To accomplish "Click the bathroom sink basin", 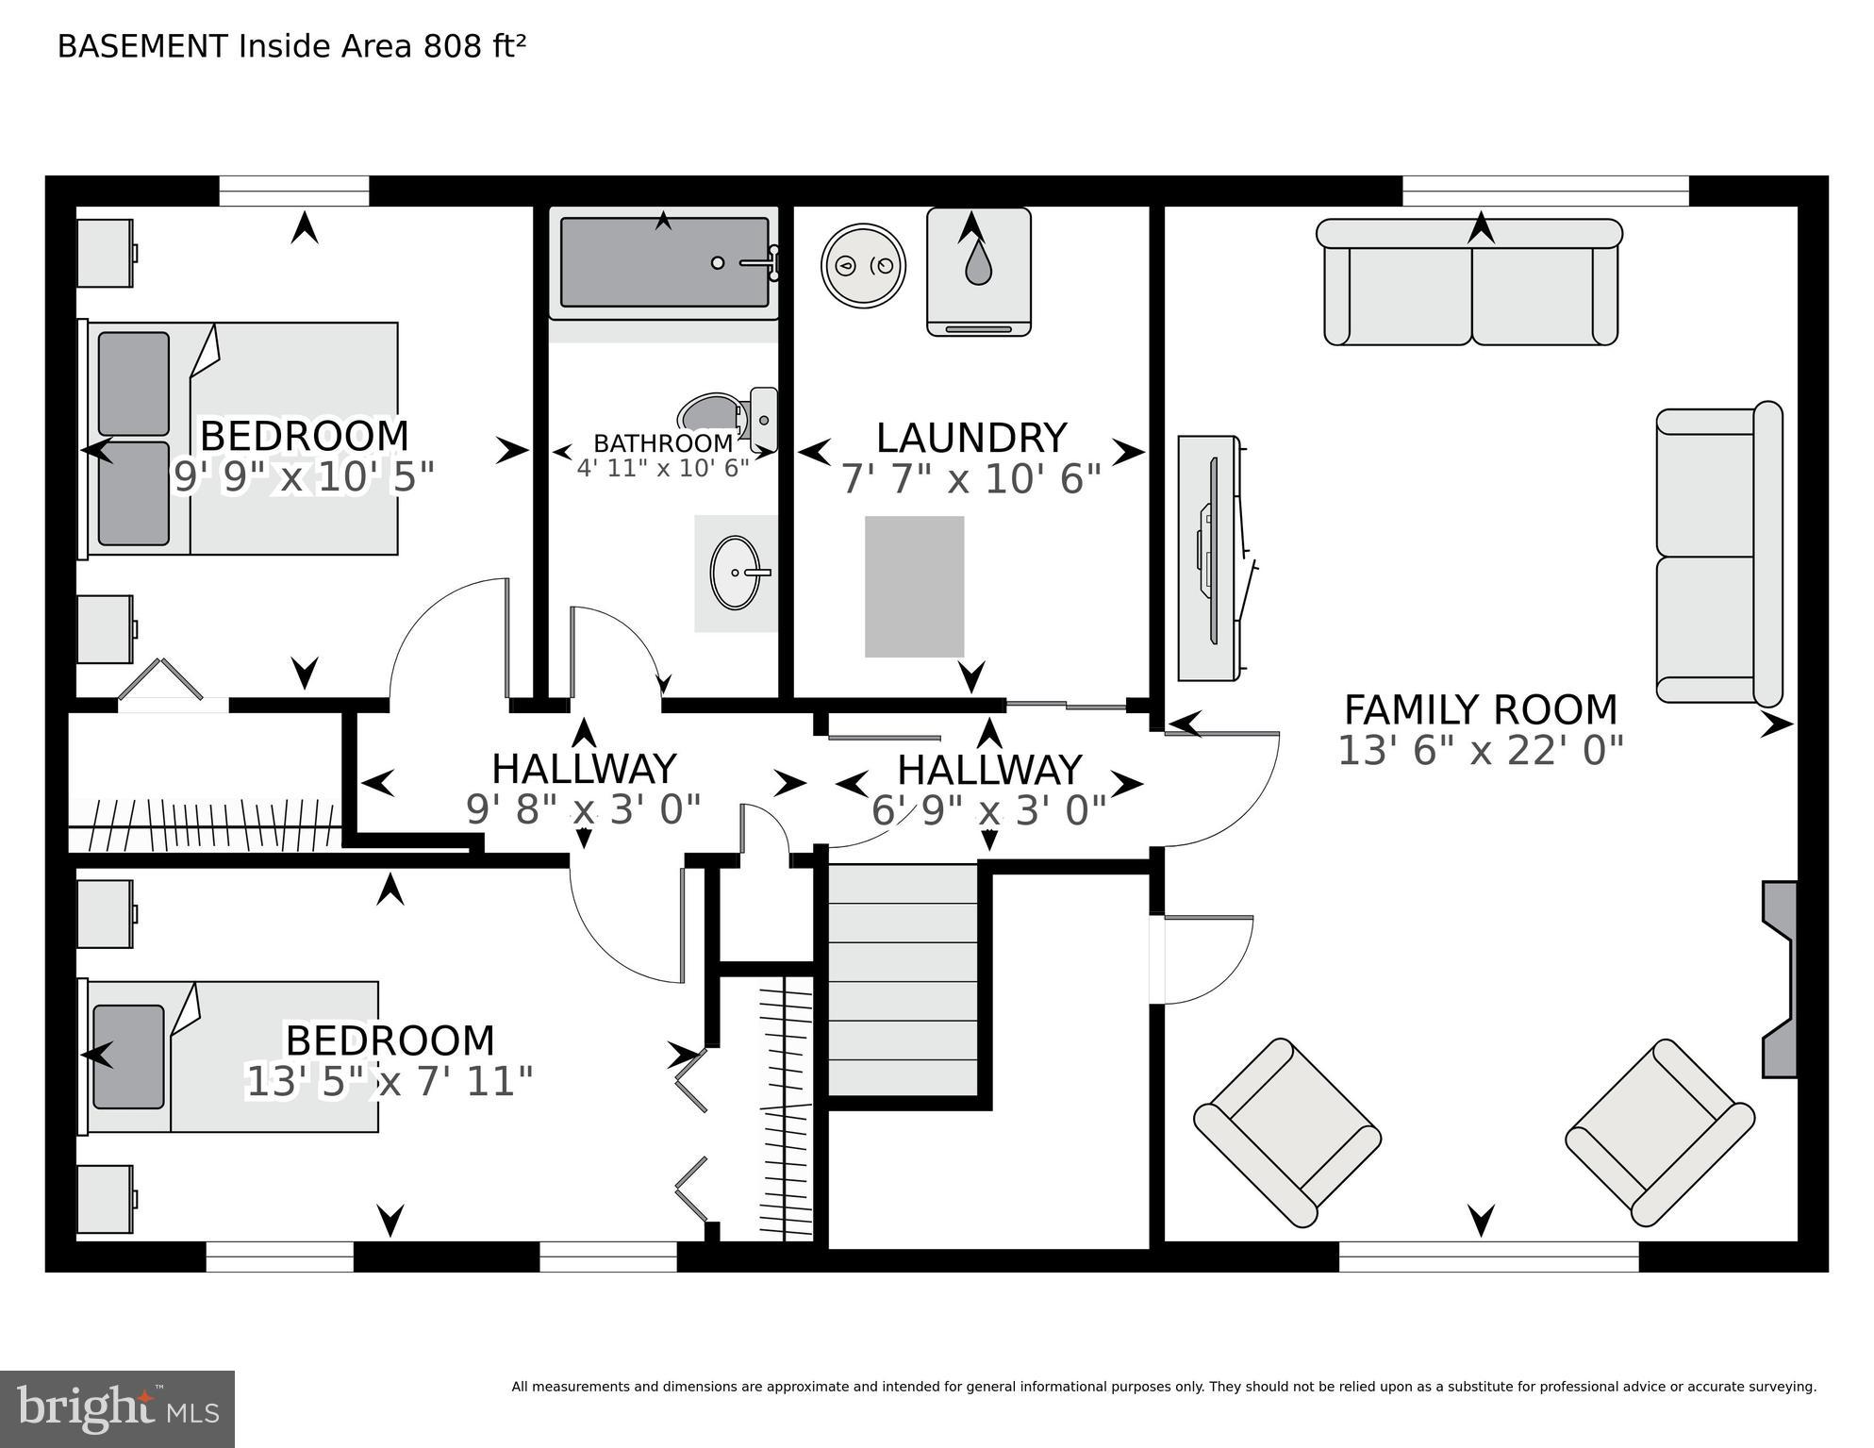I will (x=735, y=573).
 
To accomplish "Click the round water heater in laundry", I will (x=863, y=266).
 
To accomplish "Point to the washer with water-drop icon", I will (x=978, y=272).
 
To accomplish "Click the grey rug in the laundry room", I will (x=914, y=586).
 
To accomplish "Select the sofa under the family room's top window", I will (x=1469, y=282).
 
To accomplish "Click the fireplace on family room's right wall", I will (x=1781, y=979).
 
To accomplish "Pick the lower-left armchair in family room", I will (x=1287, y=1132).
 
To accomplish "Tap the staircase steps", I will (x=902, y=981).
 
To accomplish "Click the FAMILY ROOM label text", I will (x=1480, y=709).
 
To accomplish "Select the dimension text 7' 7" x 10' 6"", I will (x=970, y=479).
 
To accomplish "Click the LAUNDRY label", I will (x=970, y=438).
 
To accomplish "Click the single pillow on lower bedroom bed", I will (x=129, y=1057).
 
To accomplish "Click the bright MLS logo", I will (x=117, y=1409).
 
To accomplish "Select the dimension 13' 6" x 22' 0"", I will (x=1480, y=751).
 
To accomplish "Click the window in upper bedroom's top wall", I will (x=294, y=191).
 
